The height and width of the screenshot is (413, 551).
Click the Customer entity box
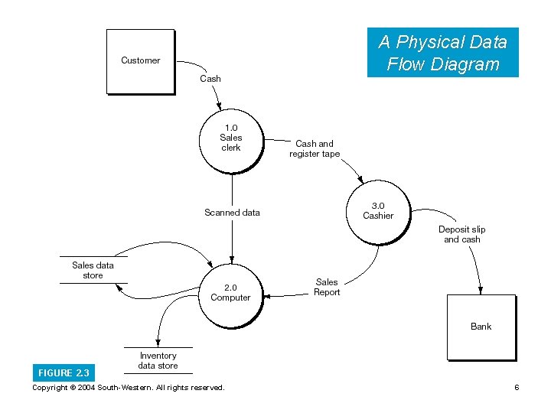(140, 61)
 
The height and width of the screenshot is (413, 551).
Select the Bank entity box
(481, 327)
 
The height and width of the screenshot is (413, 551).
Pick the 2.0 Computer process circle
(230, 292)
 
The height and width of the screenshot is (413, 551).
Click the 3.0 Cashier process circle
(378, 211)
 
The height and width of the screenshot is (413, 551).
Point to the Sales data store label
(93, 270)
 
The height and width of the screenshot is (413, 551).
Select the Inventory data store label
(158, 360)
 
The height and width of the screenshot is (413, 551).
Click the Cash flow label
(210, 79)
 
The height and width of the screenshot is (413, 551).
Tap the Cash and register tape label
(315, 148)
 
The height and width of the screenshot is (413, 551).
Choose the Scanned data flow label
(232, 213)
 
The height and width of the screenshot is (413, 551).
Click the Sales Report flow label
(327, 287)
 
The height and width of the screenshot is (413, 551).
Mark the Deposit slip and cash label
(462, 234)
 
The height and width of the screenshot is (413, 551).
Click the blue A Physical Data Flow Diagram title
(442, 53)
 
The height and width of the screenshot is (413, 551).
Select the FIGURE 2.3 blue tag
(64, 373)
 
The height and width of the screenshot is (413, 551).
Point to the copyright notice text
(129, 388)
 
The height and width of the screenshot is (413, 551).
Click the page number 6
(517, 388)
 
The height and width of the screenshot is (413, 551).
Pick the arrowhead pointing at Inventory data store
(157, 341)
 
